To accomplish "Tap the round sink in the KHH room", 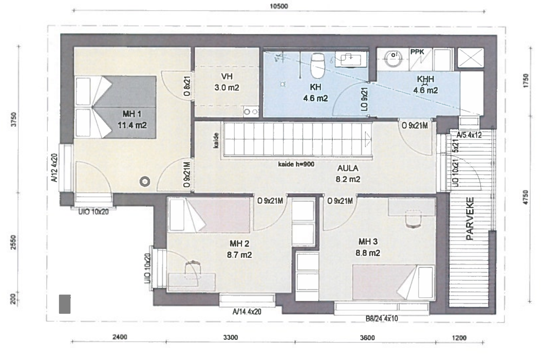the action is [x=394, y=58].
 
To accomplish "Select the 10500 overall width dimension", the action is [x=279, y=6].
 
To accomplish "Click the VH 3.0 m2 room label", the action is [x=227, y=82].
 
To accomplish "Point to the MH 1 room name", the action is [x=132, y=114].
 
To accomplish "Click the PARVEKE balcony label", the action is [x=470, y=219].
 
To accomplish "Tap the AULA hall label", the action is [x=348, y=168].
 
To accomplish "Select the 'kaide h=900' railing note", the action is [x=296, y=164].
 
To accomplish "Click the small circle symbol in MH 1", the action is [x=145, y=182].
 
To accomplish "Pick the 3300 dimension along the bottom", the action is [x=231, y=337].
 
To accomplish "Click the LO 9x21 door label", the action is [x=365, y=99].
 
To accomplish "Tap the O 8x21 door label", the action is [x=187, y=86].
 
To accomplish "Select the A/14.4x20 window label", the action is [x=247, y=312].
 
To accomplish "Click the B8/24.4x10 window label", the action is [x=382, y=319].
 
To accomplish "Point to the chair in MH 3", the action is [x=413, y=219].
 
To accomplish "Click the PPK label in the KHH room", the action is [x=417, y=52].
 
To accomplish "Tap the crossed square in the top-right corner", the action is [x=471, y=58].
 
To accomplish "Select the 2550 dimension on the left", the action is [x=14, y=242].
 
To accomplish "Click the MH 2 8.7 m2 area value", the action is [x=239, y=255].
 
